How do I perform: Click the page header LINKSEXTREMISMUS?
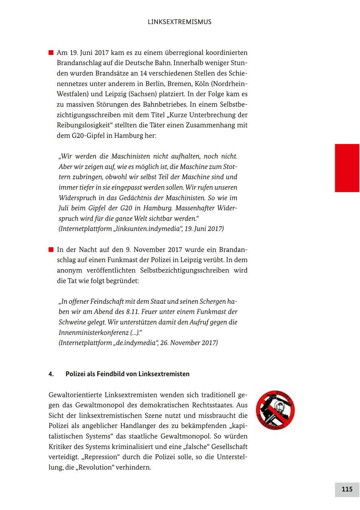(179, 22)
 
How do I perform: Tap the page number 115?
(347, 489)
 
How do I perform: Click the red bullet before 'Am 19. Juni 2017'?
(51, 53)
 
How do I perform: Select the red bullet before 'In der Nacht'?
(51, 250)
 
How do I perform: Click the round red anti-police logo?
(275, 410)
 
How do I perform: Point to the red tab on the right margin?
(347, 168)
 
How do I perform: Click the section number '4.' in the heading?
(51, 374)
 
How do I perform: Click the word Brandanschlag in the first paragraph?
(77, 63)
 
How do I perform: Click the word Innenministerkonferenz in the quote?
(94, 333)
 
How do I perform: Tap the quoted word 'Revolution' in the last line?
(93, 467)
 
